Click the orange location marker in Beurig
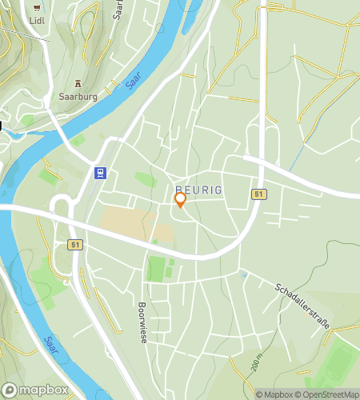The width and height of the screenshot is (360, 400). [x=181, y=198]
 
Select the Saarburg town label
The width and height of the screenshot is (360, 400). [x=78, y=97]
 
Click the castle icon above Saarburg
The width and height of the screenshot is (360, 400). [x=78, y=82]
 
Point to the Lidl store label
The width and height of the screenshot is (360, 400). [x=37, y=19]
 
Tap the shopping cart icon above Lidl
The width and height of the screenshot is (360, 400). [x=37, y=6]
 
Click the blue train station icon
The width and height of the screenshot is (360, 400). [x=100, y=173]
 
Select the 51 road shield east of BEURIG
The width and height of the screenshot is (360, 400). [x=258, y=194]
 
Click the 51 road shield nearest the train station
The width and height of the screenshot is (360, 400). [x=74, y=245]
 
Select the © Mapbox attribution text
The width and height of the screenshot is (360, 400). [x=274, y=394]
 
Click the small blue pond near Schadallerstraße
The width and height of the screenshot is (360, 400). [x=243, y=275]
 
